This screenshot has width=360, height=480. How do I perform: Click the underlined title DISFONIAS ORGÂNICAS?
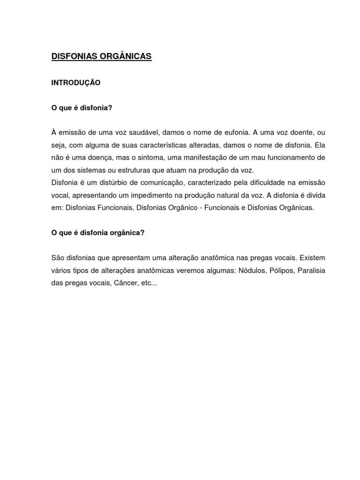(101, 56)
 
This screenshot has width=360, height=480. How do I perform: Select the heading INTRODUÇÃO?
(75, 82)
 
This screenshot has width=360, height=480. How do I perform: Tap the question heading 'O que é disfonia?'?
(82, 108)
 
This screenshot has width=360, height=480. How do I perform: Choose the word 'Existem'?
(313, 258)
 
